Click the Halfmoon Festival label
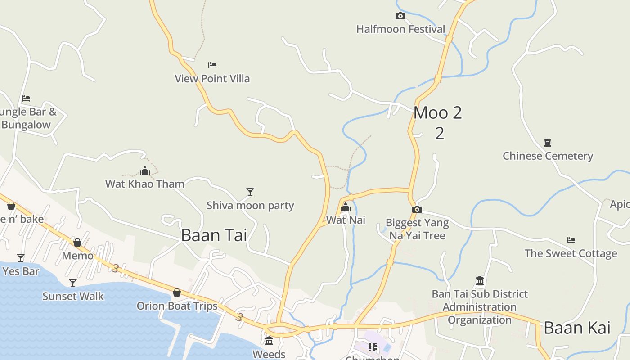coord(400,29)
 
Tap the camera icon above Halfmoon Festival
coord(400,16)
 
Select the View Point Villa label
coord(212,79)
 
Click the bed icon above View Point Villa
coord(212,65)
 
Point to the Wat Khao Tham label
coord(145,184)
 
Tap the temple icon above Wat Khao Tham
coord(145,171)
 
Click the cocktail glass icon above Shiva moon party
coord(250,192)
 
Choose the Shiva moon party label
coord(250,206)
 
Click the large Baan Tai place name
coord(214,235)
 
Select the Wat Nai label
coord(346,220)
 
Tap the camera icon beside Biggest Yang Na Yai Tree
coord(417,209)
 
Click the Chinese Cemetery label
coord(548,156)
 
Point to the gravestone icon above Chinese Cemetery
coord(548,143)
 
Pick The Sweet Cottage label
coord(571,253)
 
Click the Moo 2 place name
coord(437,112)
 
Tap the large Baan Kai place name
coord(577,328)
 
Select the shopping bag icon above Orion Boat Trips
coord(177,293)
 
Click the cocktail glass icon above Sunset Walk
coord(73,283)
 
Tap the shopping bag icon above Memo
coord(77,243)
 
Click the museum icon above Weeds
coord(269,341)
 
